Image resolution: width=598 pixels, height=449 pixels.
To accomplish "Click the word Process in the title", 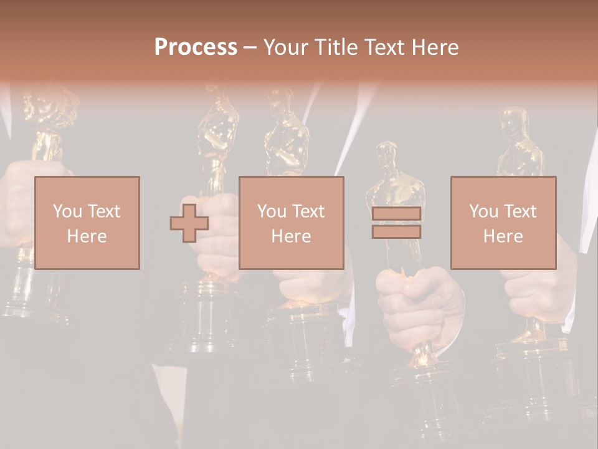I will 196,47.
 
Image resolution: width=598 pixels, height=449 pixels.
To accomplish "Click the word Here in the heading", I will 439,47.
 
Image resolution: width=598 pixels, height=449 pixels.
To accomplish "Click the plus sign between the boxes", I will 189,223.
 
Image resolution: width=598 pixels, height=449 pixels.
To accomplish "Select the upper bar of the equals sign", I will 396,214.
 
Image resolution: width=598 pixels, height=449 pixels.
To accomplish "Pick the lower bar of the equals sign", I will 396,231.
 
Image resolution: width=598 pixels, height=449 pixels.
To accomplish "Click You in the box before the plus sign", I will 67,211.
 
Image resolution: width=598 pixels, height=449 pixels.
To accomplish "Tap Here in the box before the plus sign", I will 87,236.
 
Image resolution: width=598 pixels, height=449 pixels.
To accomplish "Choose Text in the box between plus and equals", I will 308,211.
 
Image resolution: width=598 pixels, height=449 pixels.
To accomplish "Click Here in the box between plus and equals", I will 291,236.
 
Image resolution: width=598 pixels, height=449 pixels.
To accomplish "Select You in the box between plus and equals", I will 272,211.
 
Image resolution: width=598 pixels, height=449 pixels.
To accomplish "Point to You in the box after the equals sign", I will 483,211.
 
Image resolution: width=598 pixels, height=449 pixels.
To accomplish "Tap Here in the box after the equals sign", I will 503,236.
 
